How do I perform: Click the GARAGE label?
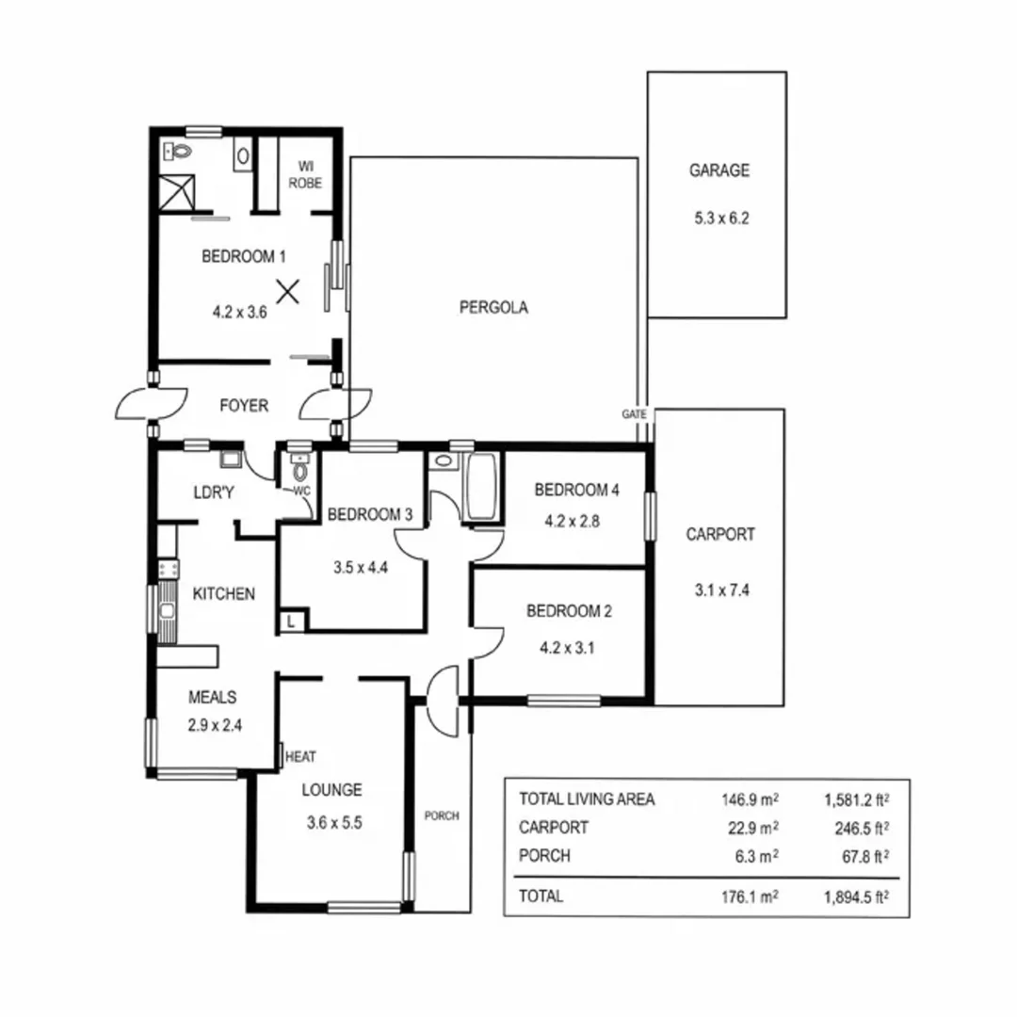(x=718, y=170)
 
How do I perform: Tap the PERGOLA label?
(x=492, y=306)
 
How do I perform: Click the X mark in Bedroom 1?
(x=288, y=291)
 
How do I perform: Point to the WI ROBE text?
(x=306, y=174)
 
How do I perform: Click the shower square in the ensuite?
(x=180, y=191)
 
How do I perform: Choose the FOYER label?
(x=244, y=406)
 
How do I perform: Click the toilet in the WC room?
(x=300, y=470)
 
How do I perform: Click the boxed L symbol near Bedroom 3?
(x=291, y=621)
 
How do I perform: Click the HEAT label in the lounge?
(x=300, y=756)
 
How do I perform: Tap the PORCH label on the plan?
(x=441, y=815)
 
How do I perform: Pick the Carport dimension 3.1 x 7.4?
(x=719, y=591)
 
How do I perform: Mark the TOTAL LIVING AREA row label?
(x=586, y=799)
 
